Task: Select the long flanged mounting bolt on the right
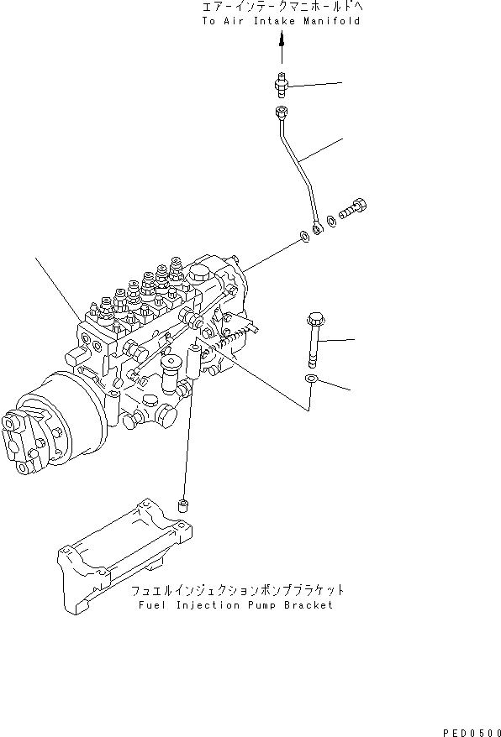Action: (314, 339)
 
